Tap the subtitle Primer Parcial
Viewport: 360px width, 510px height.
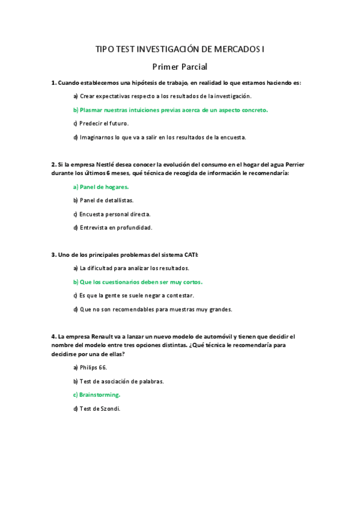pyautogui.click(x=180, y=67)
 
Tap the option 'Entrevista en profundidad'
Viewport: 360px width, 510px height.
pyautogui.click(x=112, y=227)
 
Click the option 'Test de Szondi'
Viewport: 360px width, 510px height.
pyautogui.click(x=97, y=408)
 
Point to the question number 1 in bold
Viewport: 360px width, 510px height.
pyautogui.click(x=53, y=82)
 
